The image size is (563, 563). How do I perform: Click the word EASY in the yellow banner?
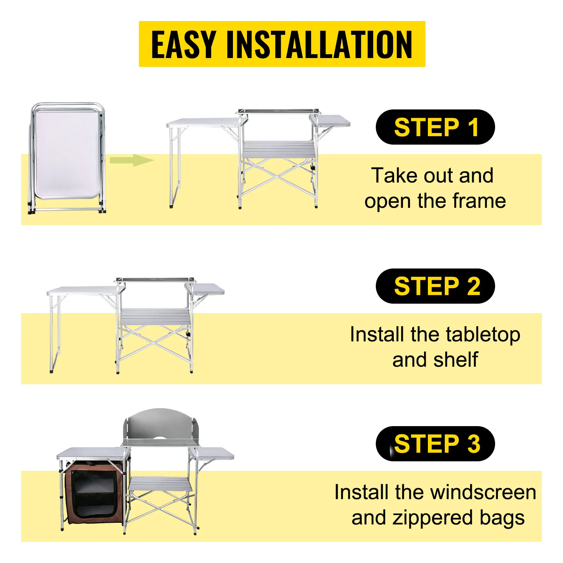pos(183,44)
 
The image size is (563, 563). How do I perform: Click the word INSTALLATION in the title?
pos(319,44)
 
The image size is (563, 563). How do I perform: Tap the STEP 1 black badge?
pos(435,127)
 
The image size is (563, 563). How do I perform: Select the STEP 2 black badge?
pos(435,286)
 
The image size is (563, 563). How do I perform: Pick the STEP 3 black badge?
pos(435,444)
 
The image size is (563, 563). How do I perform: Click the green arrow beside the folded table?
pos(132,160)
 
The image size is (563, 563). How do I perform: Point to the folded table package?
pos(67,158)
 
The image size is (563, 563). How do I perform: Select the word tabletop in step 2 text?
pos(482,335)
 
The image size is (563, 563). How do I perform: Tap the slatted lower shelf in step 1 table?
pos(278,149)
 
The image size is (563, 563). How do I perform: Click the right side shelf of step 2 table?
pos(205,289)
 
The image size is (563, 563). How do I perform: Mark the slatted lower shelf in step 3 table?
pos(160,485)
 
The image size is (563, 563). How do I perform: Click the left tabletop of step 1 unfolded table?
pos(204,123)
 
